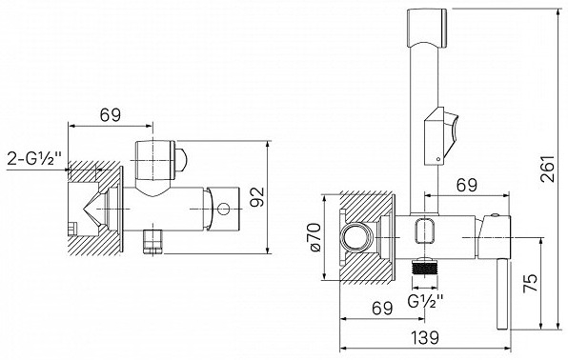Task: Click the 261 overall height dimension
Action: click(x=548, y=168)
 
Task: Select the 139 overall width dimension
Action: click(x=425, y=337)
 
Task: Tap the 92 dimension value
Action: click(x=258, y=197)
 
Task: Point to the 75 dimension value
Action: click(x=531, y=283)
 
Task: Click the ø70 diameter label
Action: click(x=314, y=237)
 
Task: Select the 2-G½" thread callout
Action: click(x=34, y=158)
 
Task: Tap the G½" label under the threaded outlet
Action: click(x=426, y=301)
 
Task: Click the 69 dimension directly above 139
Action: click(x=382, y=309)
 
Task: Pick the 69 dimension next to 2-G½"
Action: click(x=111, y=115)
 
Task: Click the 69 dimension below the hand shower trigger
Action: click(x=467, y=186)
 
